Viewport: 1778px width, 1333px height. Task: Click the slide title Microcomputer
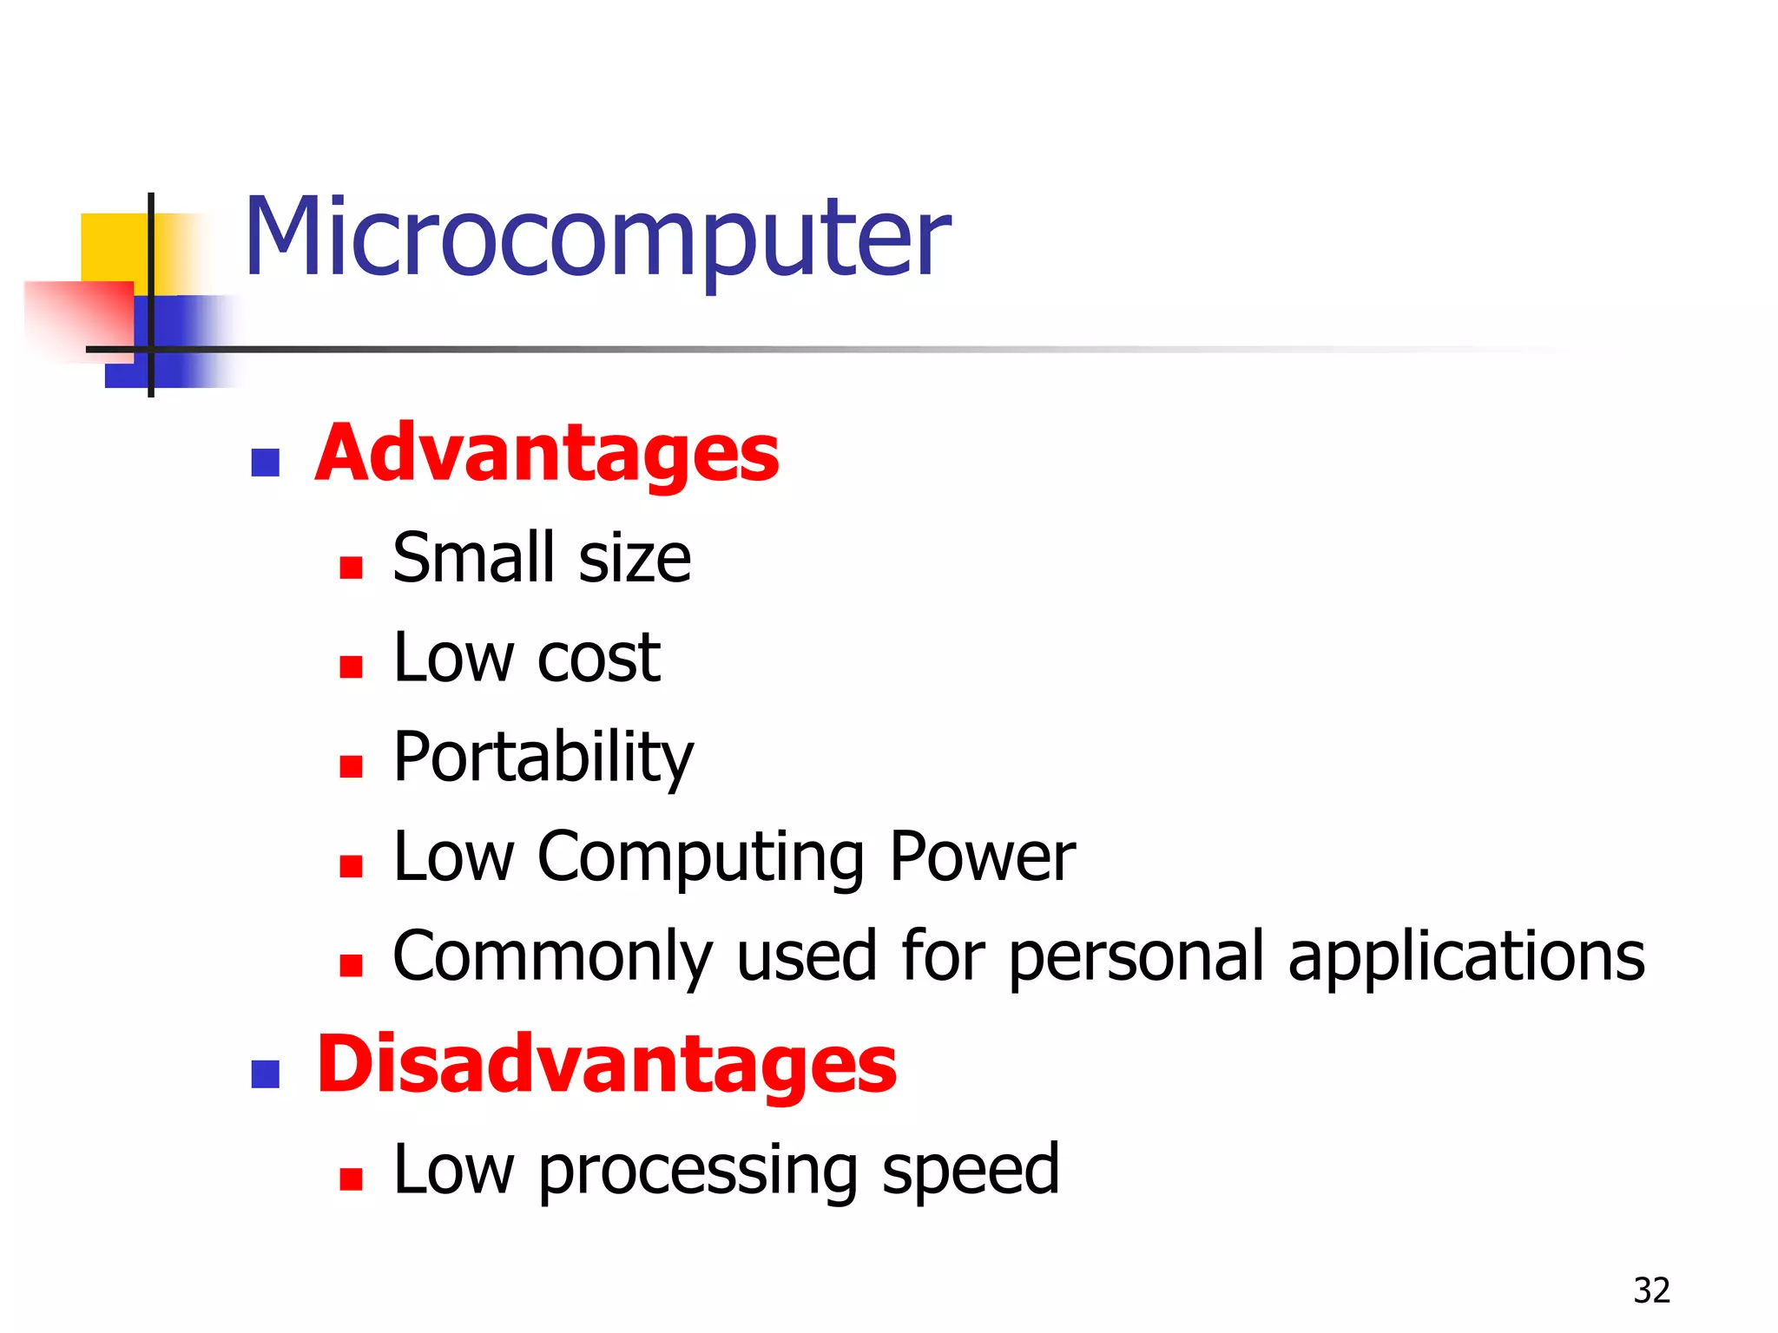[x=597, y=239]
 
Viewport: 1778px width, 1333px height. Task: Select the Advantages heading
[x=547, y=455]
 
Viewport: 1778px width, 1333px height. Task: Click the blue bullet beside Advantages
[x=265, y=463]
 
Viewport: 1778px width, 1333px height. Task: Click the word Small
[x=473, y=558]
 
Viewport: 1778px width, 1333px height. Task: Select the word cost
[x=599, y=658]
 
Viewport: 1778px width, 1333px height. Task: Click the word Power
[x=982, y=857]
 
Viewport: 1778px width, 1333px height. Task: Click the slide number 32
[x=1651, y=1290]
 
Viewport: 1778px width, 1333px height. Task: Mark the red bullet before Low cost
[x=351, y=666]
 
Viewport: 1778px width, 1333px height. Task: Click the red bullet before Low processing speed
[x=351, y=1179]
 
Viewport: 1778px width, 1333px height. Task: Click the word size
[x=635, y=558]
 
